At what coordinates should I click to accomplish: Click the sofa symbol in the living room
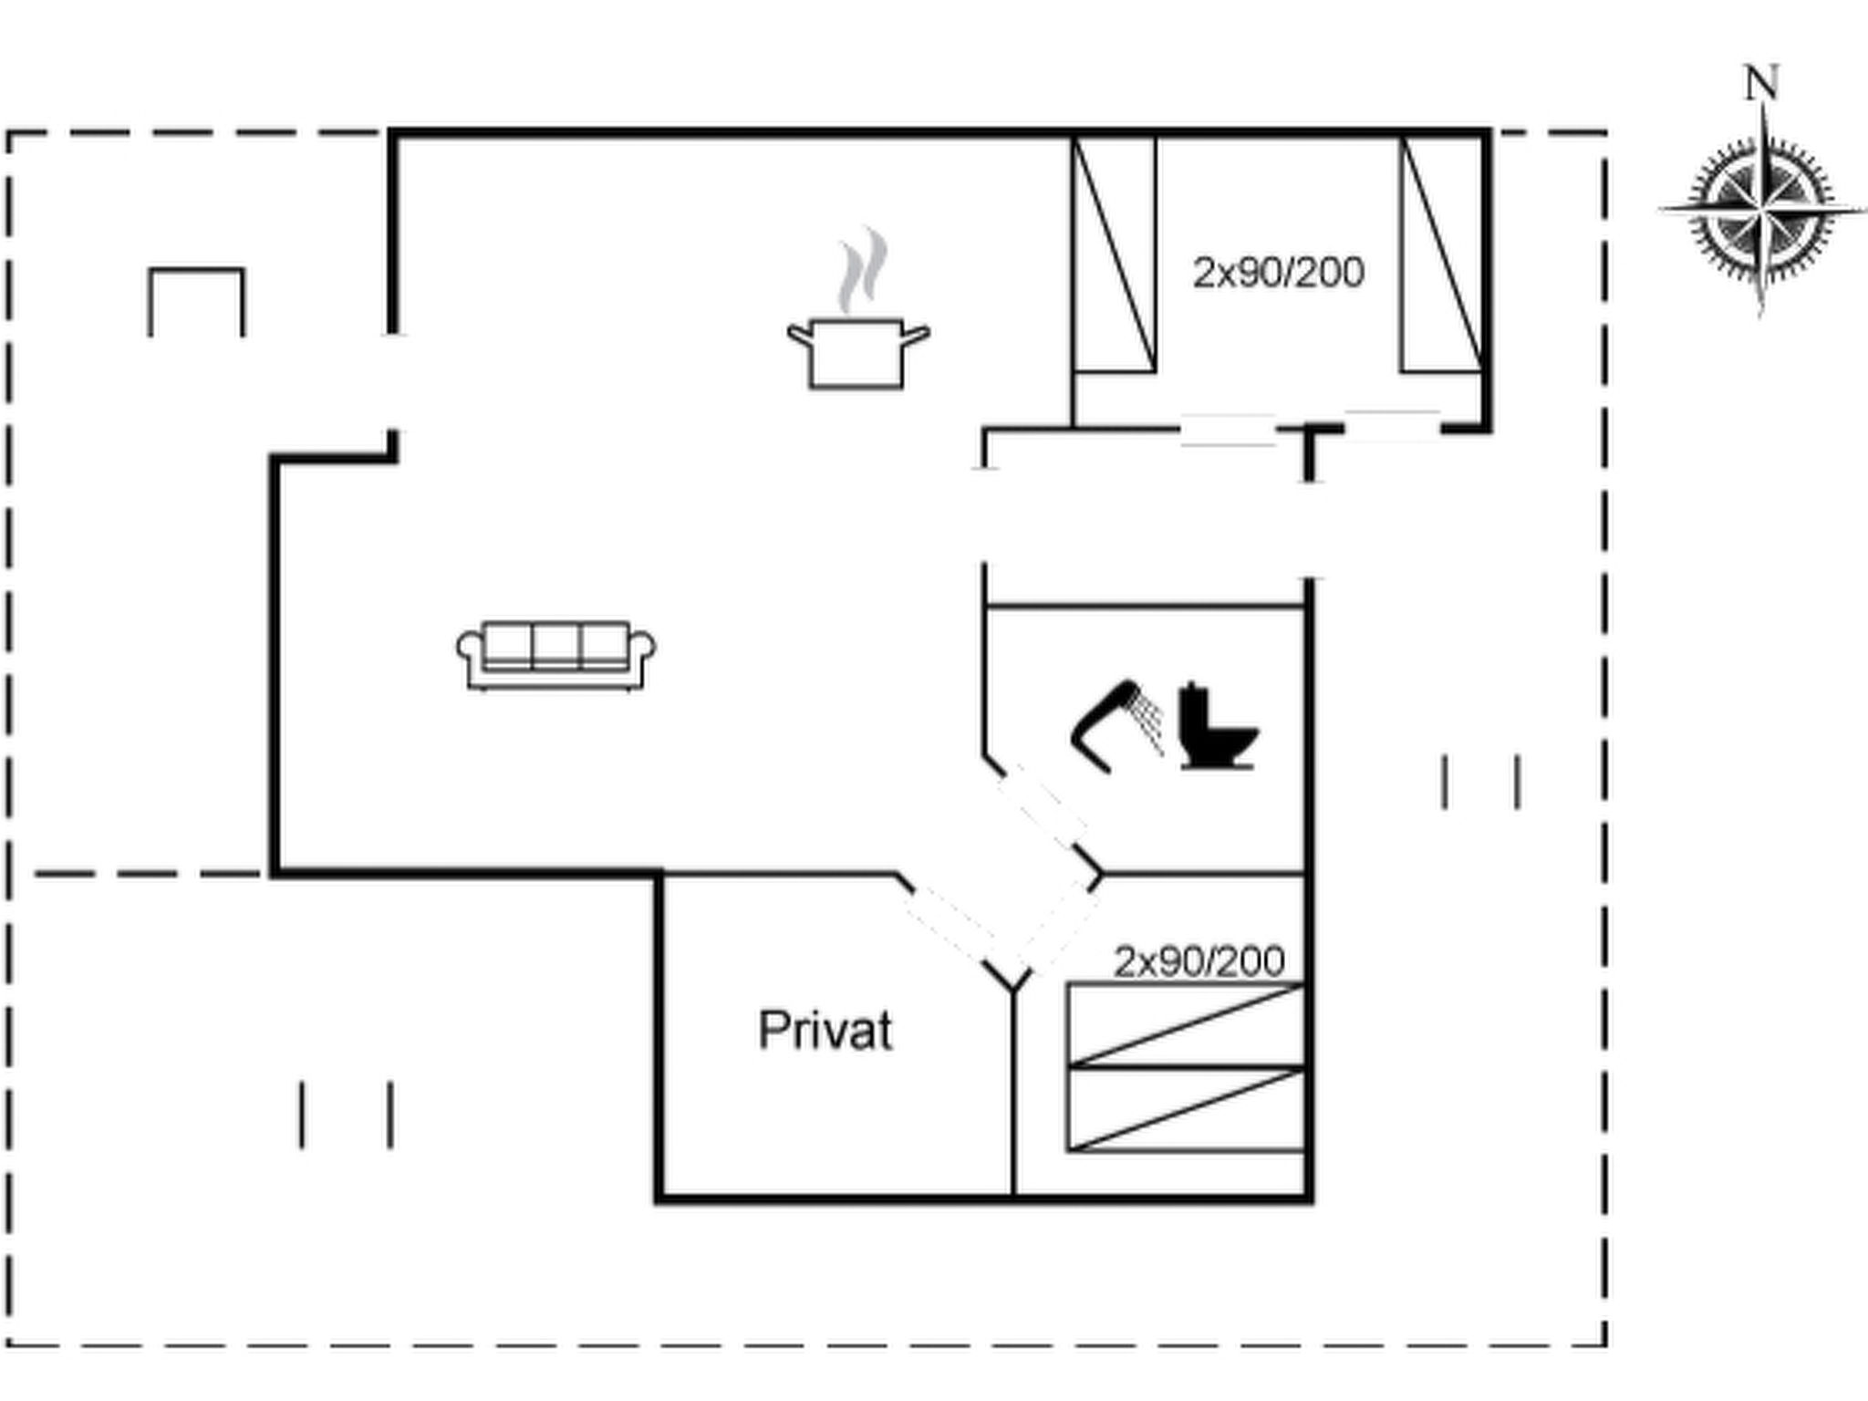point(555,655)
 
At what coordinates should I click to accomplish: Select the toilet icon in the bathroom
point(1219,725)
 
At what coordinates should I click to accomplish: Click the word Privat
point(825,1031)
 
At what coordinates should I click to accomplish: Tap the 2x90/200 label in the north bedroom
point(1279,273)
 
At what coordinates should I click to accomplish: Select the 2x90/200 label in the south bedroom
point(1199,961)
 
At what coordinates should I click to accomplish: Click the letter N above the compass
point(1761,83)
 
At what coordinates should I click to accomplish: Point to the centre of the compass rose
point(1762,211)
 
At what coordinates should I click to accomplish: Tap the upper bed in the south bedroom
point(1187,1024)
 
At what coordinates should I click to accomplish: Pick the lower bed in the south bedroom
point(1187,1109)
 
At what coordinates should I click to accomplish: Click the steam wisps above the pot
point(862,271)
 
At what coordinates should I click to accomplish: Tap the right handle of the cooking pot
point(916,334)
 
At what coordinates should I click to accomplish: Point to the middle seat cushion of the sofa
point(556,646)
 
